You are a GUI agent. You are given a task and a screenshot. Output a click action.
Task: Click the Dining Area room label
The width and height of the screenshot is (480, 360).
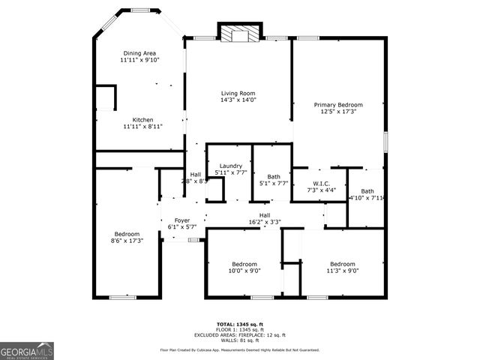(x=139, y=53)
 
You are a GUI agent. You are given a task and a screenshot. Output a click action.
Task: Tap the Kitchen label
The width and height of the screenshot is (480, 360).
(x=142, y=120)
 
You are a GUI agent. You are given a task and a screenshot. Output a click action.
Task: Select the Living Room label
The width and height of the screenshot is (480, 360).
(x=238, y=93)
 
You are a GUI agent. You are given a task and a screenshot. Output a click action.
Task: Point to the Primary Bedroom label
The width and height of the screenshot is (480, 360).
(x=338, y=105)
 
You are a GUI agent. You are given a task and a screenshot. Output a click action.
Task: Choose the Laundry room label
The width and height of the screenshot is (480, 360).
(x=229, y=166)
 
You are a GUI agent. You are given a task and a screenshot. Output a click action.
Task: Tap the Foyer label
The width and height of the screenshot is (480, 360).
(x=172, y=220)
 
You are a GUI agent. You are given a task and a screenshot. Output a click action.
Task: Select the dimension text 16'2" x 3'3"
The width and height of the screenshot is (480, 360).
(x=265, y=222)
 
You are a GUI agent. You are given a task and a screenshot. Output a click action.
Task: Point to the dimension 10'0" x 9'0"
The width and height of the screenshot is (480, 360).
(x=244, y=271)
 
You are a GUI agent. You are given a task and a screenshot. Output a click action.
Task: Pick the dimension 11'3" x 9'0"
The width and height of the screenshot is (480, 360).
(x=343, y=271)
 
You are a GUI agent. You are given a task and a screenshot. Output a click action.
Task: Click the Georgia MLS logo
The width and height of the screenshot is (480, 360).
(x=25, y=350)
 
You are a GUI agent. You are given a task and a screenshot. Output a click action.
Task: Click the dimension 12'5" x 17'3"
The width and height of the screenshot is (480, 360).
(x=338, y=112)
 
